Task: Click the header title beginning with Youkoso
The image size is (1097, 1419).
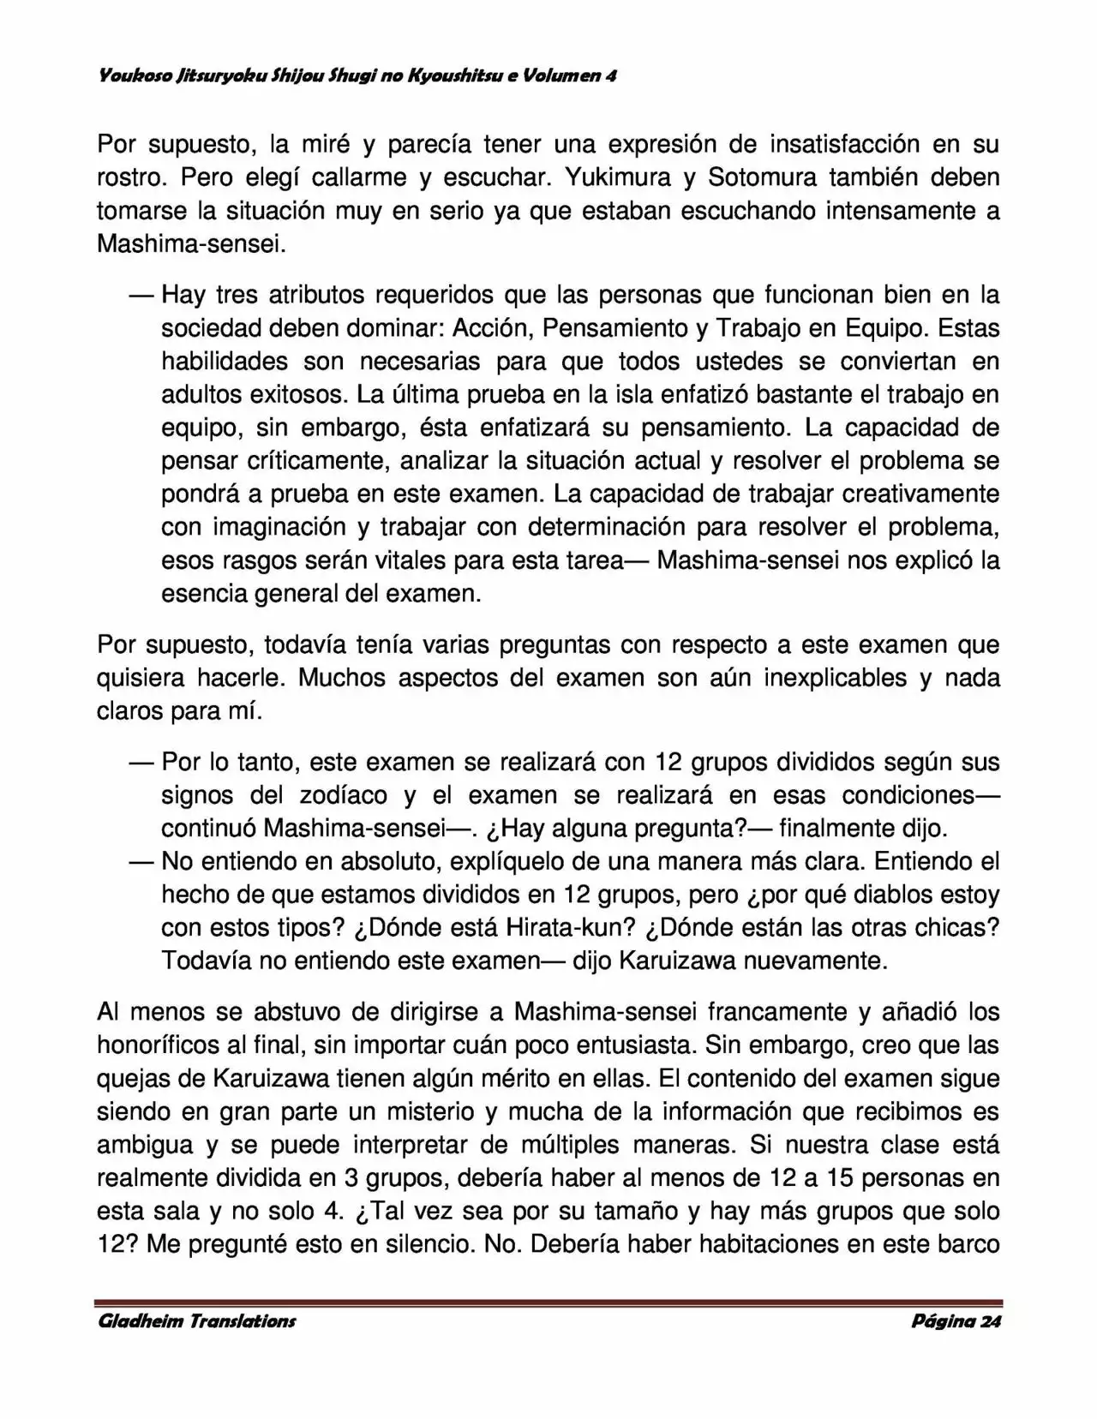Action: (357, 75)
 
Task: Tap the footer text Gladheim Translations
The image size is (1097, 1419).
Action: (197, 1320)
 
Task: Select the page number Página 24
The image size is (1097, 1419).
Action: (956, 1320)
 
